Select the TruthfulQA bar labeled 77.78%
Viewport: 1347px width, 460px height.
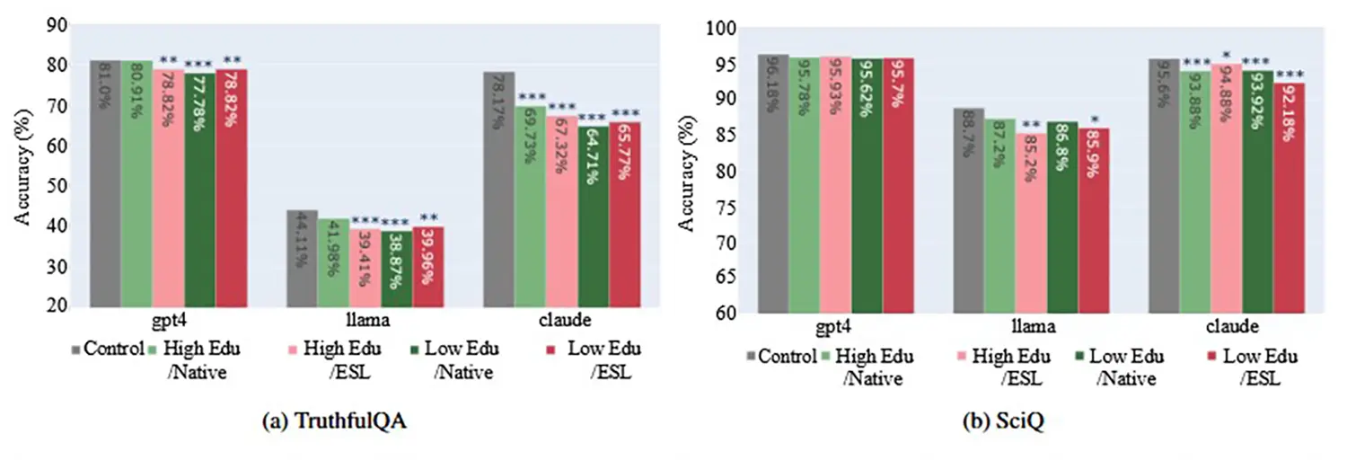(199, 189)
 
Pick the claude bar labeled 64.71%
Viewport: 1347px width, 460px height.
(594, 216)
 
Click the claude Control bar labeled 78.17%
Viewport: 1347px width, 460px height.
(499, 189)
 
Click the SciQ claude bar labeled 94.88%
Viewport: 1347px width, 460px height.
(1227, 189)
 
